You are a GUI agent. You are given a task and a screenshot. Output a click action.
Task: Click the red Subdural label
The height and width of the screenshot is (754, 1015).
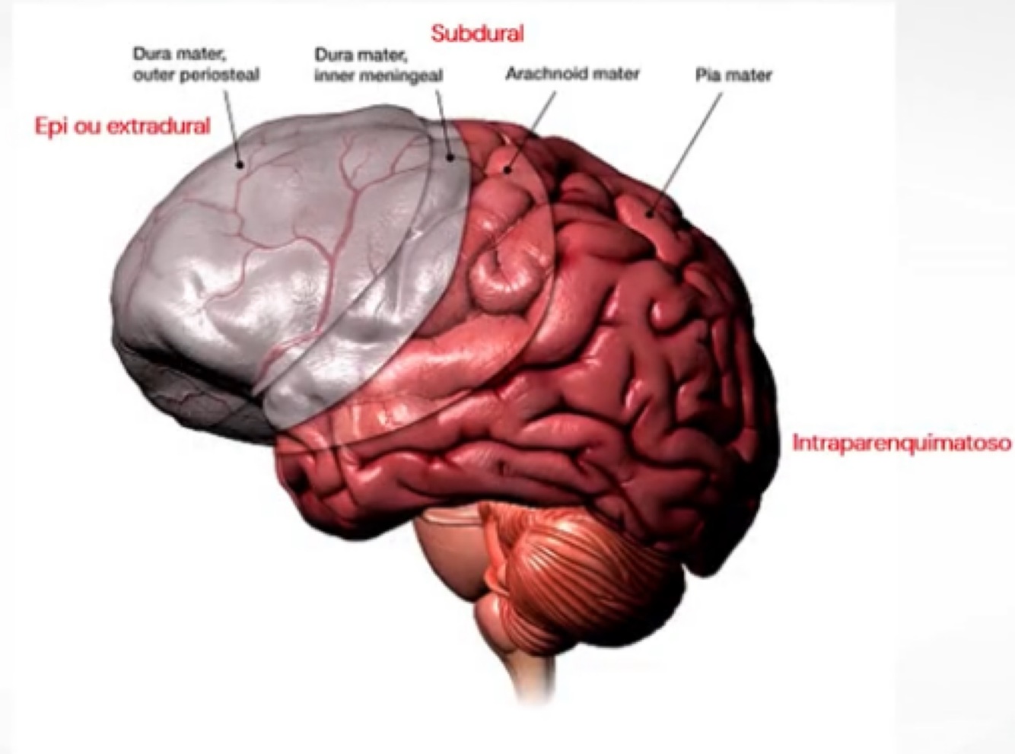click(x=477, y=33)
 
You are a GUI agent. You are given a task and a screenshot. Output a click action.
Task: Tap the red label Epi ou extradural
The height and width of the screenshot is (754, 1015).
click(x=123, y=126)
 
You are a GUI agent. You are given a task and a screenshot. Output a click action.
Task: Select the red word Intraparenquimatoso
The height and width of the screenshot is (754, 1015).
click(x=902, y=443)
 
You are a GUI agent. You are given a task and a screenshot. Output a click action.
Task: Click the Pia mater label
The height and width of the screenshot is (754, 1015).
click(x=733, y=75)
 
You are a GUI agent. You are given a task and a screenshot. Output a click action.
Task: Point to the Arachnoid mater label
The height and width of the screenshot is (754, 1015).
click(x=572, y=74)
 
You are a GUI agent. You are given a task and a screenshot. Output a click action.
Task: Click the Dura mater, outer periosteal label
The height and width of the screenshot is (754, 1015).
click(x=196, y=65)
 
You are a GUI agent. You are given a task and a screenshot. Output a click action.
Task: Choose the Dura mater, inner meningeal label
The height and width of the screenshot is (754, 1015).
click(x=378, y=65)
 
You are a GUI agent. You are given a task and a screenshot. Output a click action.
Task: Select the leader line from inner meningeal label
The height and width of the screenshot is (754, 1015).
click(x=444, y=122)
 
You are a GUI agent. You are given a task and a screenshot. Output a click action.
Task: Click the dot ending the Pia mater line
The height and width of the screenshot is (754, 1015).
click(x=650, y=213)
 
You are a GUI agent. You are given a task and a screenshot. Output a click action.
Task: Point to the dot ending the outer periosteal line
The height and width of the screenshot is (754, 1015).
click(x=240, y=164)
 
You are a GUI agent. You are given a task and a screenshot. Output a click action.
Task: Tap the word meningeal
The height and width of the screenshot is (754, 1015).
click(x=404, y=75)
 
